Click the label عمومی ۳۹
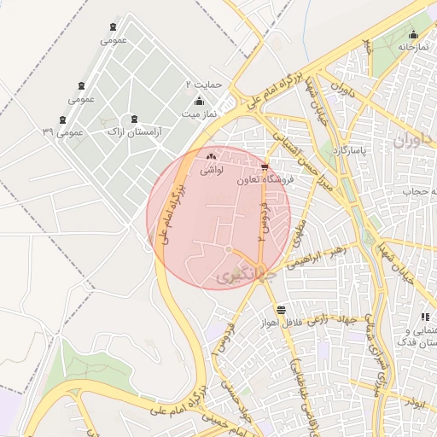(62, 132)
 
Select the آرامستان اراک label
(137, 132)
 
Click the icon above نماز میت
(200, 101)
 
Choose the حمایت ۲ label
(204, 85)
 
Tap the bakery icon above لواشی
(212, 157)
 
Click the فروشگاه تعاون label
(265, 180)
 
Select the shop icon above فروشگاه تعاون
(265, 166)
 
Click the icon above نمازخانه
(413, 35)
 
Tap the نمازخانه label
(409, 48)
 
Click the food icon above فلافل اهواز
(281, 308)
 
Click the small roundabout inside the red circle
(229, 248)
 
